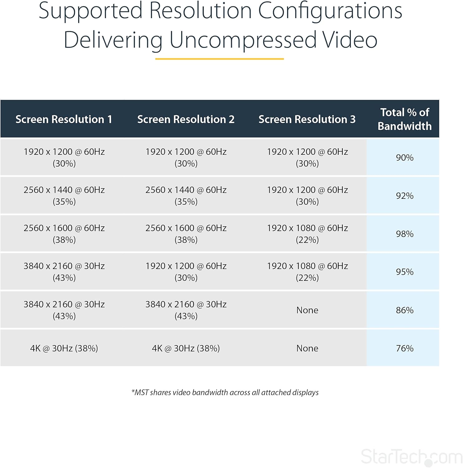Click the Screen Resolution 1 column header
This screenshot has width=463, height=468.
(x=64, y=119)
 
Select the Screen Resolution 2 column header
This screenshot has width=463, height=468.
(x=186, y=119)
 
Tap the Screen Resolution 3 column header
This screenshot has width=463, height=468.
(x=307, y=119)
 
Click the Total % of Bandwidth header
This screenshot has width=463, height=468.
(x=404, y=119)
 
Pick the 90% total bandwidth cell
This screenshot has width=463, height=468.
(x=404, y=158)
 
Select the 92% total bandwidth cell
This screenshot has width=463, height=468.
(x=404, y=196)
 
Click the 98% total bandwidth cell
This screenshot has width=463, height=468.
(x=404, y=234)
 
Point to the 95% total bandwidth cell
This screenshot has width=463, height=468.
(x=404, y=272)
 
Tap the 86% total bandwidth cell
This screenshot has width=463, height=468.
(x=404, y=310)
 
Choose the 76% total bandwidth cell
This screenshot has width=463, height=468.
(x=404, y=348)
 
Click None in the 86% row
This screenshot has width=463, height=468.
(x=307, y=310)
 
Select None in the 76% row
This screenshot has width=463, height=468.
(x=307, y=348)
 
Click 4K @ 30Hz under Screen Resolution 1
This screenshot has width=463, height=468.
(x=64, y=348)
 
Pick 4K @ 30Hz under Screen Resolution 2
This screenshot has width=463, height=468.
(x=186, y=348)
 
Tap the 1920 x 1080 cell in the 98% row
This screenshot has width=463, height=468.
(x=307, y=234)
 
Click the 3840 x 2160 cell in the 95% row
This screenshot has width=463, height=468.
(x=64, y=272)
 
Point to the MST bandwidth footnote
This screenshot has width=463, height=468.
(x=225, y=392)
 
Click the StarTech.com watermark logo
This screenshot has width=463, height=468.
(x=411, y=457)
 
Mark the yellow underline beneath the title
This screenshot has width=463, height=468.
(x=219, y=59)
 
